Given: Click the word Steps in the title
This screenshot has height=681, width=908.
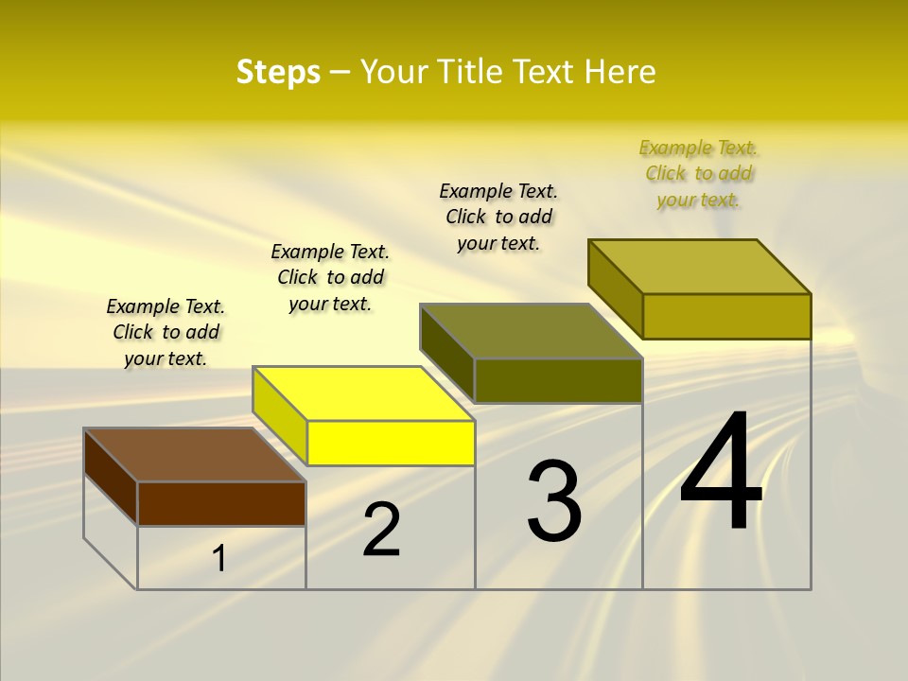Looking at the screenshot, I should [278, 72].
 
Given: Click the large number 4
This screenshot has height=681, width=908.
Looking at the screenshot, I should [721, 472].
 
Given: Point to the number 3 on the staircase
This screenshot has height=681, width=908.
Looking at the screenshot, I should [553, 501].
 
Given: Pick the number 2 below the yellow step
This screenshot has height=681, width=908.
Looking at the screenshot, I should [381, 530].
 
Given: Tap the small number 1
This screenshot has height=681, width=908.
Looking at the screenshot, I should [219, 559].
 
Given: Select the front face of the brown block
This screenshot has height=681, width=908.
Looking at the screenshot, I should [221, 503].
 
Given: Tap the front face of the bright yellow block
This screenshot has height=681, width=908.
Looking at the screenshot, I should [391, 443].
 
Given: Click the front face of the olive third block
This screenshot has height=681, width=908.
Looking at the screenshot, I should [558, 380].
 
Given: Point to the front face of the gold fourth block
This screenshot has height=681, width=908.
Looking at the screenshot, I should [726, 316].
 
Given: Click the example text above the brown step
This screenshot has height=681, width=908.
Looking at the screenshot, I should [166, 332].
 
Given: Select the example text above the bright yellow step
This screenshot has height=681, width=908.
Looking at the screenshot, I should [330, 277].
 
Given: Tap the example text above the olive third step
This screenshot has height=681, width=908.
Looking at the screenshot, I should [498, 217].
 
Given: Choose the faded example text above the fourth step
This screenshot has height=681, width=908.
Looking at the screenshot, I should [699, 173].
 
